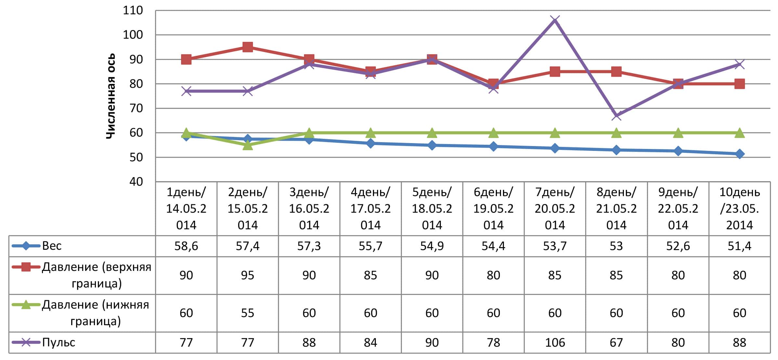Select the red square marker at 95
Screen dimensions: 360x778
point(247,47)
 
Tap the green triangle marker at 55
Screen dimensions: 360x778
point(247,145)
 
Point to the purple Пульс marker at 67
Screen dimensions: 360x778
point(616,115)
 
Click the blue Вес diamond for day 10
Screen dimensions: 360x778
point(739,154)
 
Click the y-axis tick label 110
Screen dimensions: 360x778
point(133,10)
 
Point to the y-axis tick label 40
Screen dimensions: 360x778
point(136,182)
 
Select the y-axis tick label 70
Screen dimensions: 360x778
point(136,108)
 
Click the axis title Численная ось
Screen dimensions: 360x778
point(111,96)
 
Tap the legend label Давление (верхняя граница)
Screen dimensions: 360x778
point(97,275)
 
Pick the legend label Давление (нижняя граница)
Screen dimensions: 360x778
point(96,313)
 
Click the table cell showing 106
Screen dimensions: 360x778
point(555,342)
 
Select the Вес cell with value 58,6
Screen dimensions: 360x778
point(186,246)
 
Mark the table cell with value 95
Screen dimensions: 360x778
point(247,275)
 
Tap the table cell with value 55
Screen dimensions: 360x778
point(247,313)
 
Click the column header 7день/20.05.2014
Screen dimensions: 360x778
point(555,208)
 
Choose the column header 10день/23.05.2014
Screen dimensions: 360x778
point(739,208)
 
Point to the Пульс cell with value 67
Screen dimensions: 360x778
point(616,342)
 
